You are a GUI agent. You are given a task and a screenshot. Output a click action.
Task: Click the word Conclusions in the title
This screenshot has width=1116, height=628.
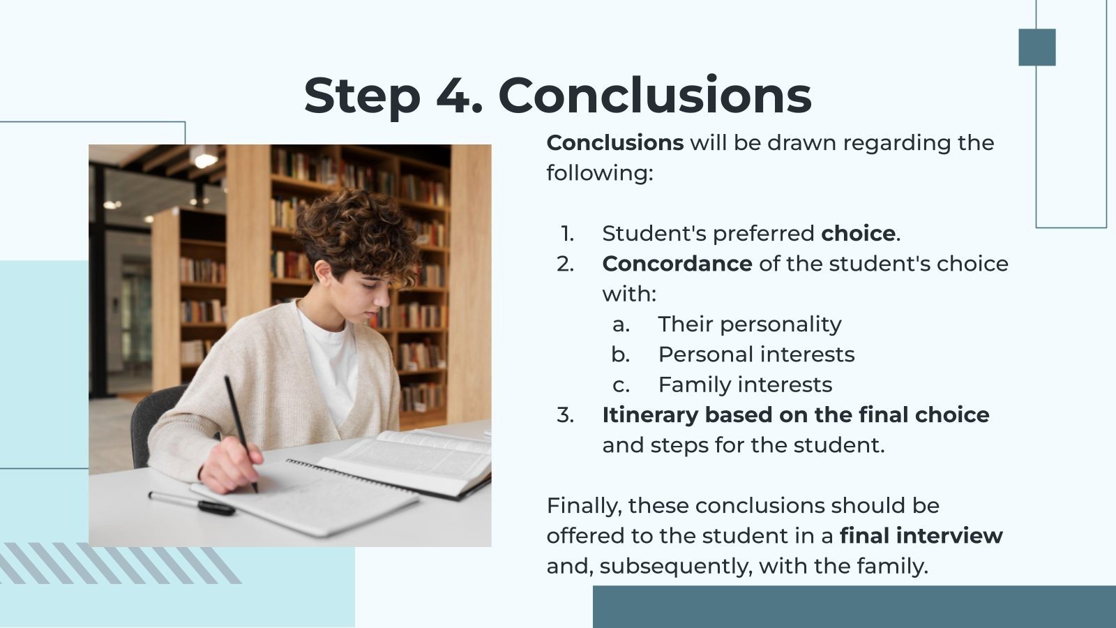(x=655, y=96)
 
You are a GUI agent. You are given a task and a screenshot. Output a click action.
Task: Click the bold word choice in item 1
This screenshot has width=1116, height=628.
(x=858, y=233)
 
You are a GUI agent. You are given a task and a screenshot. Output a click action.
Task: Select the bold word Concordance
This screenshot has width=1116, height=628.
(x=677, y=264)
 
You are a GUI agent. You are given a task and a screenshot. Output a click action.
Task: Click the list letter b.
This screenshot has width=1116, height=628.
(x=620, y=354)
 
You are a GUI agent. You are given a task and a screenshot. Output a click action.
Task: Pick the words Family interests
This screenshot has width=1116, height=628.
(x=745, y=384)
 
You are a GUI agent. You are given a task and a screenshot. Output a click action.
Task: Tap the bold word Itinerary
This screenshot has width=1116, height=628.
(x=649, y=415)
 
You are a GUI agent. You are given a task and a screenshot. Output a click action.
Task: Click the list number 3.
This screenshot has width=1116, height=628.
(x=565, y=415)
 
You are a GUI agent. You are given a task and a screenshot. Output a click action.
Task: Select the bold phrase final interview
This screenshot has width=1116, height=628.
(x=921, y=536)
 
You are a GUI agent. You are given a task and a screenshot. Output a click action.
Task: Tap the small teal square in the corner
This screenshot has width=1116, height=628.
(x=1036, y=47)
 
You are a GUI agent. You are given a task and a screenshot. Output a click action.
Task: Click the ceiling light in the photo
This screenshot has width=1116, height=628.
(x=204, y=160)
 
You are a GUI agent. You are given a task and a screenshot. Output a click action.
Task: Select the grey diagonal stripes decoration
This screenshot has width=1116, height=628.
(x=119, y=563)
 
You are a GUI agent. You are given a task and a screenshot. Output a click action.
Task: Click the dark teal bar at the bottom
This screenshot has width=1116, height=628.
(x=854, y=606)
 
